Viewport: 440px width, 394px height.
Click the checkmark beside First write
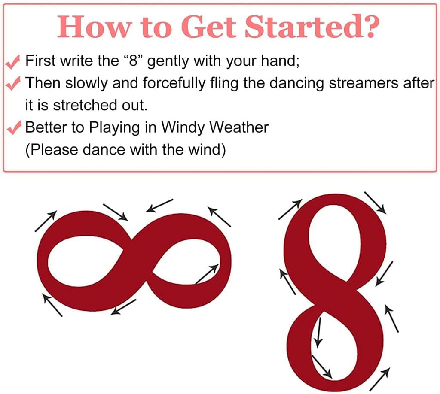(x=12, y=62)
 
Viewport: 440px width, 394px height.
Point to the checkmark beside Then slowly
(x=12, y=83)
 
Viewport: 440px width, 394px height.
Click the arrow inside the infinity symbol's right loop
(x=207, y=274)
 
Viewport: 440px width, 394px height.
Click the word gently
(x=168, y=61)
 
